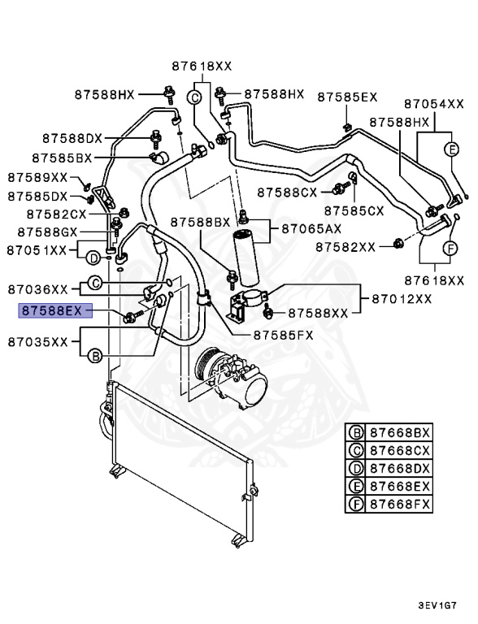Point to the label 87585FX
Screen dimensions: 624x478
click(284, 333)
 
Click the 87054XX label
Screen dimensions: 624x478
click(433, 104)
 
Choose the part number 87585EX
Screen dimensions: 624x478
click(347, 97)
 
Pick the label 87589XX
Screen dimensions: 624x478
click(38, 176)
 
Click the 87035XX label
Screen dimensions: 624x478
click(38, 341)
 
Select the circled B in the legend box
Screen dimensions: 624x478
click(356, 432)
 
